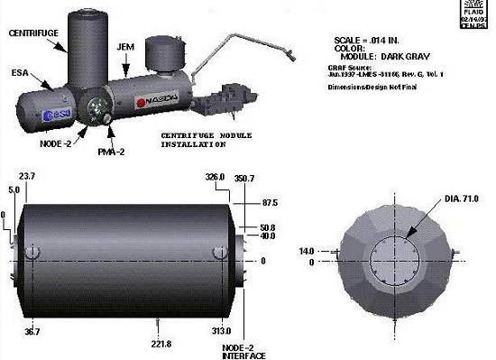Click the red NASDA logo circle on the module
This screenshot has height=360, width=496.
[140, 103]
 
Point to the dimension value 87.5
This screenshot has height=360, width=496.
[269, 200]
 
